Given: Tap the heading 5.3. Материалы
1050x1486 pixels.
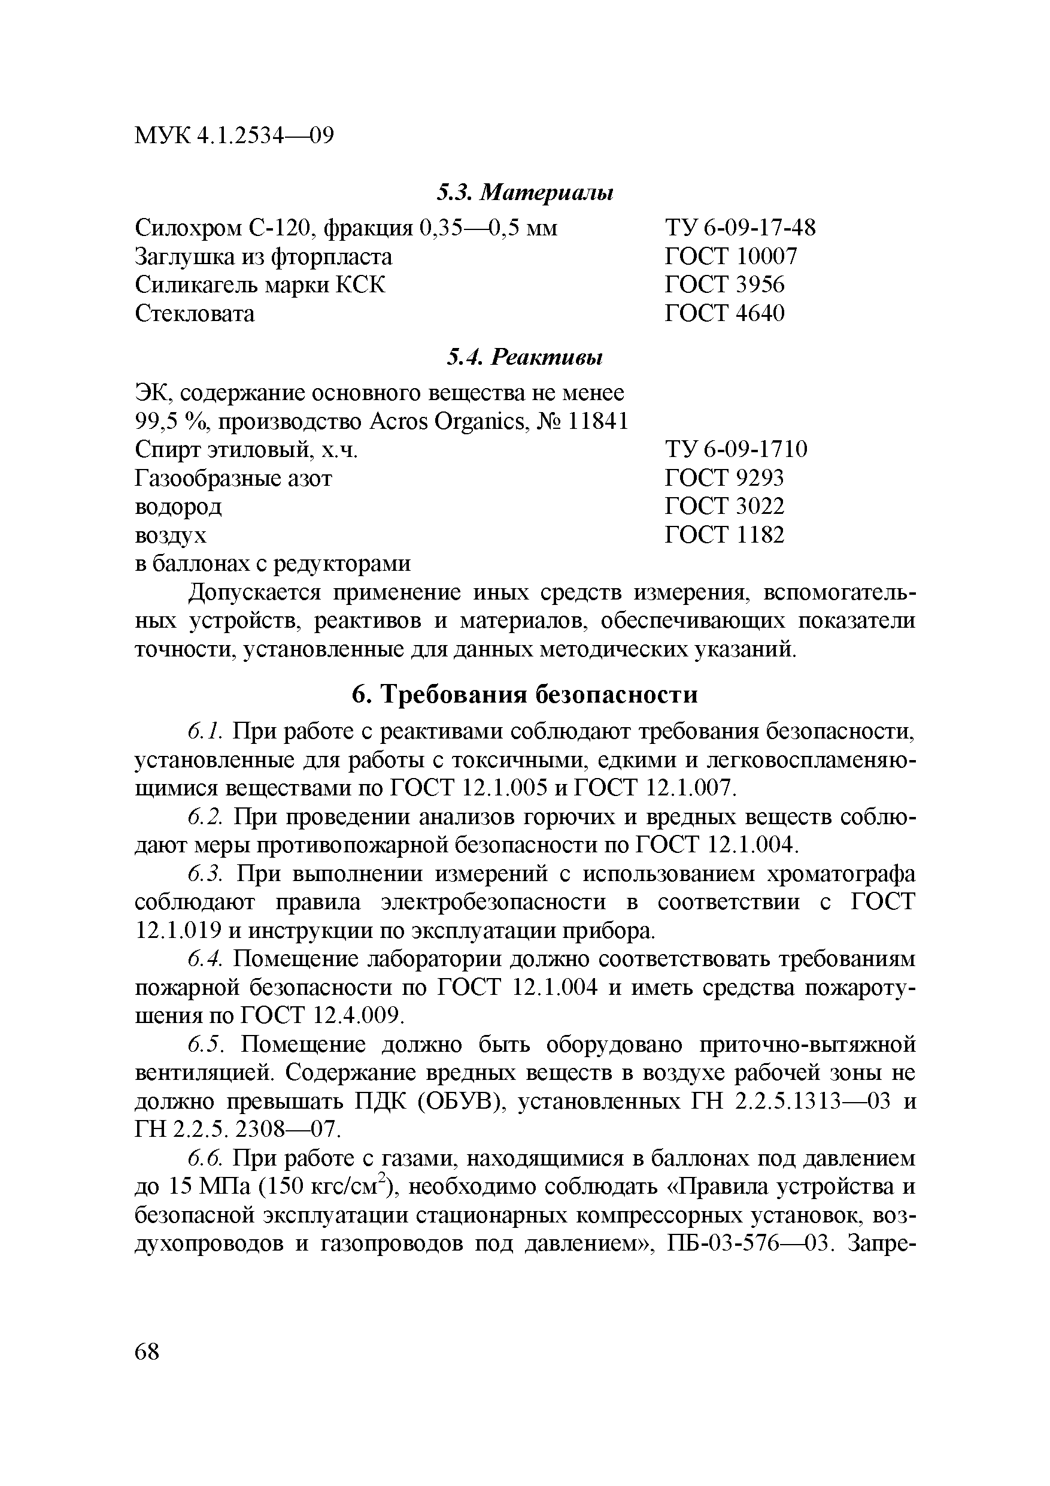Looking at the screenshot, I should click(x=524, y=192).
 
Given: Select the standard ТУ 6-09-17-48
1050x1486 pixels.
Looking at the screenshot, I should click(x=740, y=228).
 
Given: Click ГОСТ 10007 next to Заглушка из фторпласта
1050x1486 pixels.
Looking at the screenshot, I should click(x=731, y=256).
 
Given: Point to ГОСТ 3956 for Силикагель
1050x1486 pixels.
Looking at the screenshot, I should click(x=724, y=285).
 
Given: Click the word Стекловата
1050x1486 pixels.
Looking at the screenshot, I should click(x=195, y=313).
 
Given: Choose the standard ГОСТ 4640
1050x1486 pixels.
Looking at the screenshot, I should click(x=724, y=313).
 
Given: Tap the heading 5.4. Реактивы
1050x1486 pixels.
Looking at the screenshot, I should click(x=524, y=356).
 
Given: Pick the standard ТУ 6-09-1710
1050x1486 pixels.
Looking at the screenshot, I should click(x=736, y=449).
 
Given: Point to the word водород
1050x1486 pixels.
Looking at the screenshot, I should click(x=178, y=506).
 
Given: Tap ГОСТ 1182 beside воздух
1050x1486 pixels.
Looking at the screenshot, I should click(x=724, y=535).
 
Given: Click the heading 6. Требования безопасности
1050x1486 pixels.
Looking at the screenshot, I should click(x=524, y=694).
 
